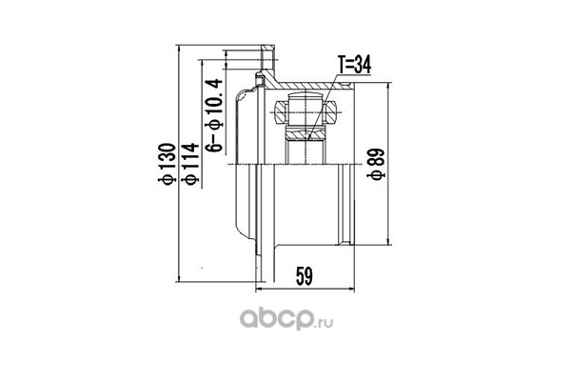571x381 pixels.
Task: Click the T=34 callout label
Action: click(354, 66)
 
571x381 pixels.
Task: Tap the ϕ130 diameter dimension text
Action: click(167, 164)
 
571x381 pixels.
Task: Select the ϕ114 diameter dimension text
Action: click(191, 164)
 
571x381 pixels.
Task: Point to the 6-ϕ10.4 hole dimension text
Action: click(214, 115)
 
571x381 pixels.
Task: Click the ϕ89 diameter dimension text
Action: click(376, 164)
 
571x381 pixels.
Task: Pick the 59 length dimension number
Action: click(305, 276)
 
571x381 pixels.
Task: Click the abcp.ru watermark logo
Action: click(286, 319)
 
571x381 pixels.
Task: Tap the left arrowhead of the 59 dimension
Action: click(259, 290)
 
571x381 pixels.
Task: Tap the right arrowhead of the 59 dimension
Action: click(351, 290)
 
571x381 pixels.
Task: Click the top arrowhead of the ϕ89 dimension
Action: click(389, 86)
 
